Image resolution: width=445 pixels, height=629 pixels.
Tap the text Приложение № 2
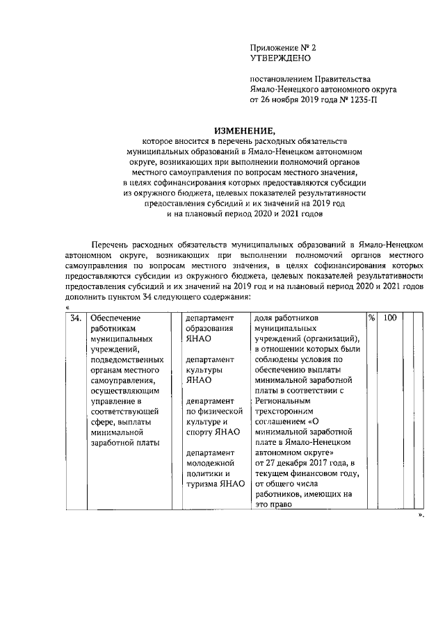coord(282,48)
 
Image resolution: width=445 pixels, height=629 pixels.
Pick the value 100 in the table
coord(390,318)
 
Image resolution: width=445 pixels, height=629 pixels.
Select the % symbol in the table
coord(372,318)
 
